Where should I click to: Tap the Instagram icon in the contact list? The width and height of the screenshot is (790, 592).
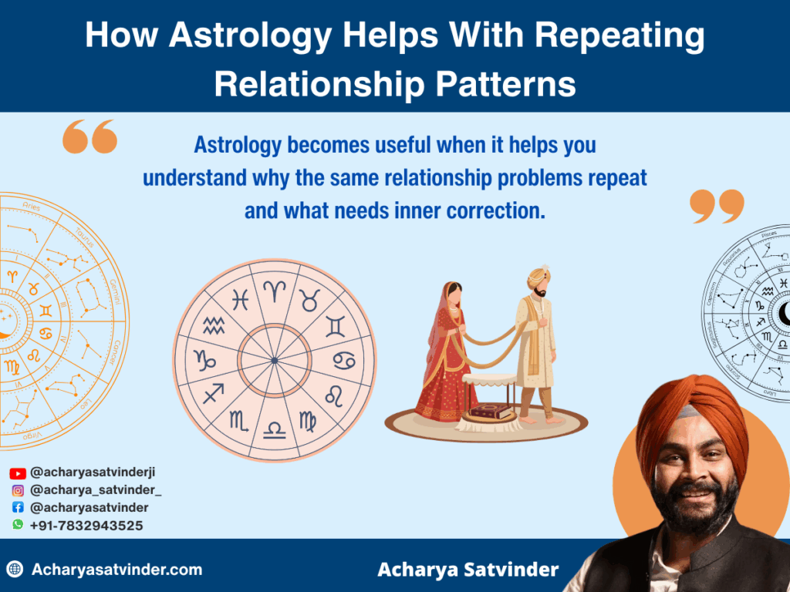tap(18, 491)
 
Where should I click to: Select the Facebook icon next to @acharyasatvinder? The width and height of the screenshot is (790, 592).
tap(18, 508)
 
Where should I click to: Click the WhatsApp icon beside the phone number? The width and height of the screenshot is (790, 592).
tap(18, 525)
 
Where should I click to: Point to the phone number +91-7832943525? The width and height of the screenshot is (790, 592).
tap(86, 525)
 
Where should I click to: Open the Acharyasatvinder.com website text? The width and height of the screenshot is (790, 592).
tap(116, 570)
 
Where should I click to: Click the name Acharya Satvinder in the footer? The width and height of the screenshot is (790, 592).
tap(468, 570)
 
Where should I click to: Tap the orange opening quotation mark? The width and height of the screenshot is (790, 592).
tap(89, 137)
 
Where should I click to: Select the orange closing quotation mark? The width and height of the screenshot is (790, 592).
tap(717, 207)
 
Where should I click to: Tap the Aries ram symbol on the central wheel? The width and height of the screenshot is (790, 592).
tap(274, 291)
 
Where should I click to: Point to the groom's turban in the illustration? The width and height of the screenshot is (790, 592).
tap(539, 276)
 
